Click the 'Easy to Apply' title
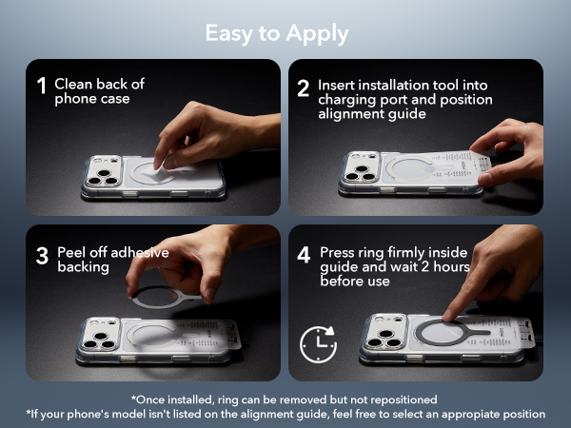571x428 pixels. click(x=277, y=34)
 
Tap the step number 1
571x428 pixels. click(x=42, y=86)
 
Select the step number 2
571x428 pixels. click(x=303, y=88)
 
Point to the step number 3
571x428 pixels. click(x=42, y=256)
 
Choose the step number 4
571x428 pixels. click(x=304, y=255)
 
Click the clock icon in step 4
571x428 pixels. click(x=318, y=344)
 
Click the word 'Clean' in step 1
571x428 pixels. click(x=73, y=84)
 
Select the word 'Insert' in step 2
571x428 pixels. click(x=336, y=86)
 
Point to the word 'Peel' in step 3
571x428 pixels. click(x=71, y=252)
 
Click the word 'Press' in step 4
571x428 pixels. click(x=337, y=252)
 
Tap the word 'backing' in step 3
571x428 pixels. click(x=84, y=267)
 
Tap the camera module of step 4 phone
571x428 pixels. click(x=385, y=332)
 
